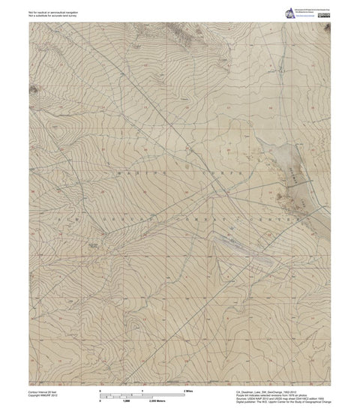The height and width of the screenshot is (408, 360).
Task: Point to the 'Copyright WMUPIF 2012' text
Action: click(45, 385)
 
